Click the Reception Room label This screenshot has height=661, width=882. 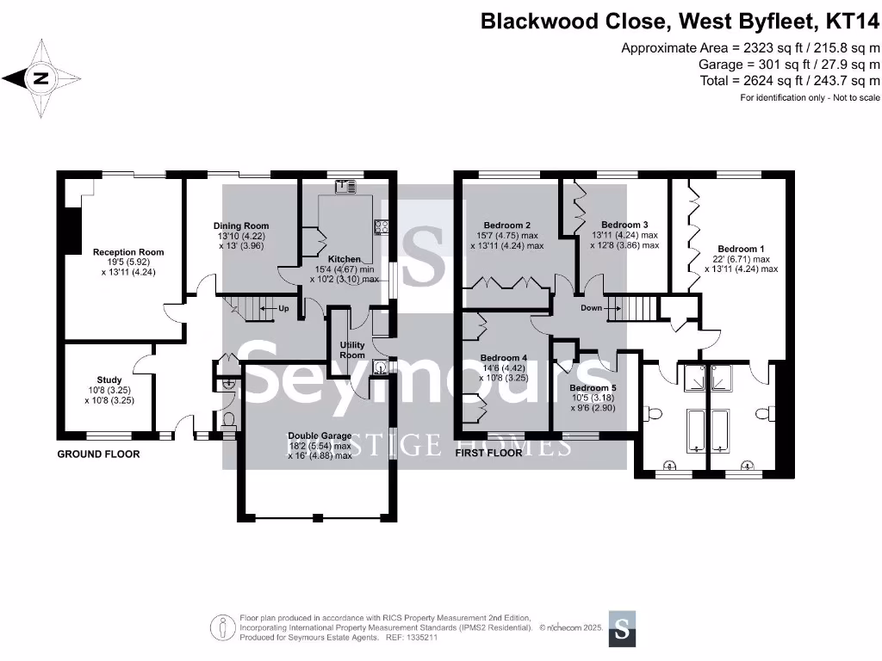(128, 252)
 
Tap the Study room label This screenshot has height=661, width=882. (109, 380)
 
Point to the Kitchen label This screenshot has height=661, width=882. (345, 258)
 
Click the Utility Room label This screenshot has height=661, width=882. (351, 349)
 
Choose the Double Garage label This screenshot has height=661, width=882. (320, 436)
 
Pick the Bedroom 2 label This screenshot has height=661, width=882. (506, 225)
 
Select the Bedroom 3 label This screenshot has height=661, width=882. (624, 224)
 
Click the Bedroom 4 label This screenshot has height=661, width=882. (504, 357)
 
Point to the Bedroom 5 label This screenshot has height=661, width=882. (593, 387)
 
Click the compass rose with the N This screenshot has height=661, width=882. (40, 79)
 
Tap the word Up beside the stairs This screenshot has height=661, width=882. (283, 307)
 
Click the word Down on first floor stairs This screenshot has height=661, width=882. (591, 307)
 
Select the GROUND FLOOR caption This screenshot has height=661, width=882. (98, 454)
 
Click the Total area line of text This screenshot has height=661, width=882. (790, 80)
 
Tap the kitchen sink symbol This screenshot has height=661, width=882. (347, 184)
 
